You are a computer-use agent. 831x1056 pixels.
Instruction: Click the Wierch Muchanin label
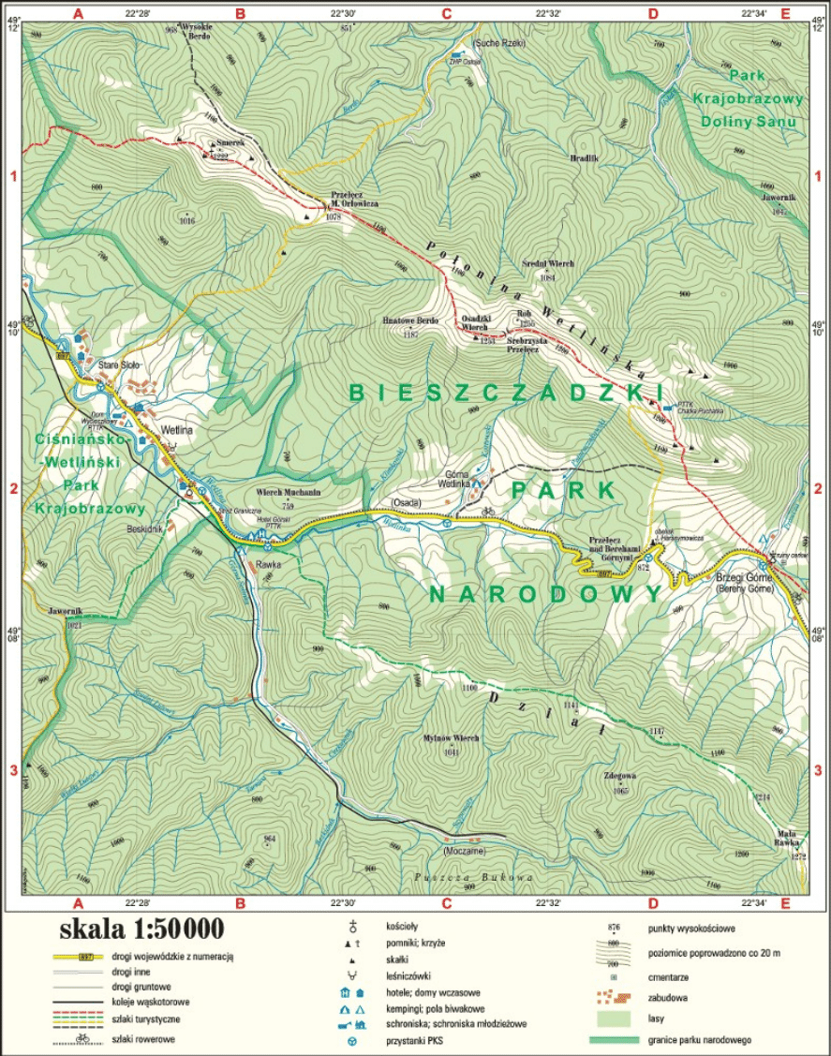click(x=288, y=492)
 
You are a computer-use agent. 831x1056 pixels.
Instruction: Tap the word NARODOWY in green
click(x=546, y=594)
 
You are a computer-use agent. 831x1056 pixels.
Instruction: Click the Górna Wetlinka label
click(x=454, y=479)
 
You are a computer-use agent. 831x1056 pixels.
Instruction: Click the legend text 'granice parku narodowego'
click(x=699, y=1039)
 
